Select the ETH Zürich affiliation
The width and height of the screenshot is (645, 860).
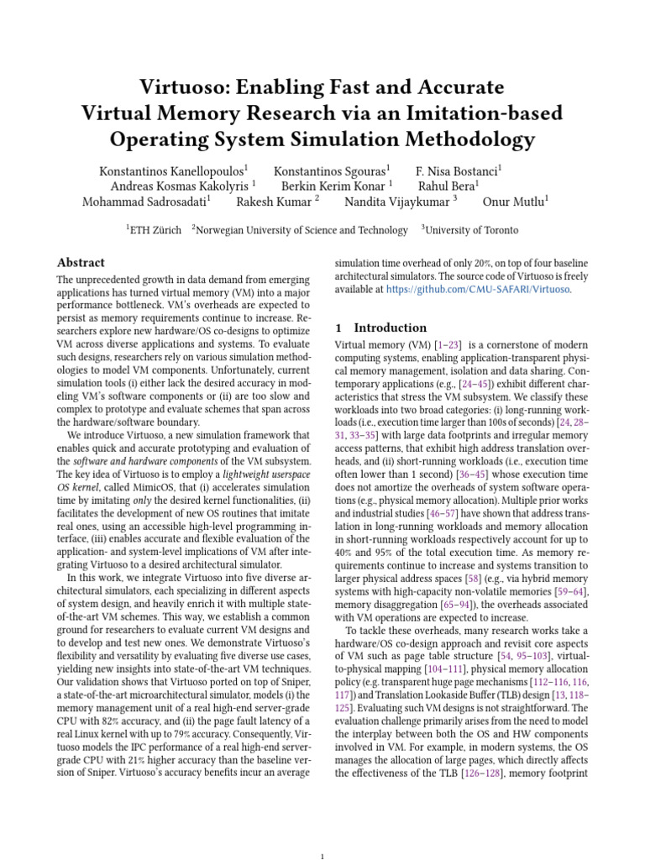(156, 230)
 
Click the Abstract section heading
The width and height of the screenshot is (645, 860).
(81, 262)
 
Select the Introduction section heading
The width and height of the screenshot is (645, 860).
(390, 328)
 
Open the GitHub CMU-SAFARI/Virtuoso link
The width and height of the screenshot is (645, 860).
(478, 290)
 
